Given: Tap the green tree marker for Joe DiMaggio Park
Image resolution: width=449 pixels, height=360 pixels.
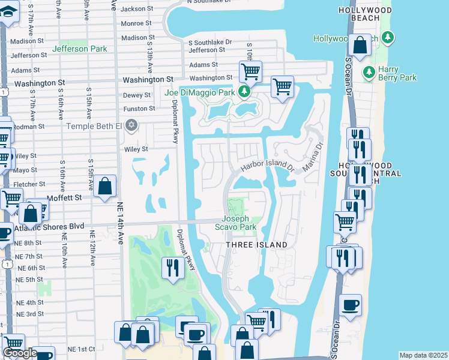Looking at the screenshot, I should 244,92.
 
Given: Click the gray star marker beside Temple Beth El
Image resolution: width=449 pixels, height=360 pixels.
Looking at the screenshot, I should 132,125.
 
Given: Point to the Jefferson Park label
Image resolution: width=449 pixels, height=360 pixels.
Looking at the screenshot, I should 79,49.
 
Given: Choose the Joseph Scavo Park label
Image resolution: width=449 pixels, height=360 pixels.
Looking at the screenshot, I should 240,223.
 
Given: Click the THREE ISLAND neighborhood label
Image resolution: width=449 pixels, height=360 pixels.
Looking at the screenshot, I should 256,245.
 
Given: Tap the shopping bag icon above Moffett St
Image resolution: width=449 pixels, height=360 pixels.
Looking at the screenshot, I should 104,186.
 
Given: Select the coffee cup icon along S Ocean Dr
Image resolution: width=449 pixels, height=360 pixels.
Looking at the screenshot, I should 350,304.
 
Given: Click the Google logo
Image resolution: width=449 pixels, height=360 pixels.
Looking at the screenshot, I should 20,353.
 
